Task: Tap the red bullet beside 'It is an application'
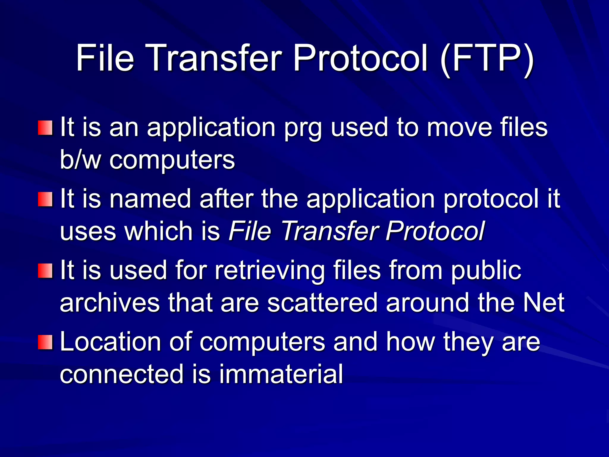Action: click(45, 128)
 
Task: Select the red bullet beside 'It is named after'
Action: click(45, 199)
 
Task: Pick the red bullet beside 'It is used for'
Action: click(45, 271)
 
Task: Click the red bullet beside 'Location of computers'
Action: click(45, 342)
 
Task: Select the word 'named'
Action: click(150, 199)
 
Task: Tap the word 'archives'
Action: click(110, 303)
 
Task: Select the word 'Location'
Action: click(110, 342)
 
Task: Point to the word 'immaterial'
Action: click(281, 374)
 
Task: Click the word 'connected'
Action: click(122, 374)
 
